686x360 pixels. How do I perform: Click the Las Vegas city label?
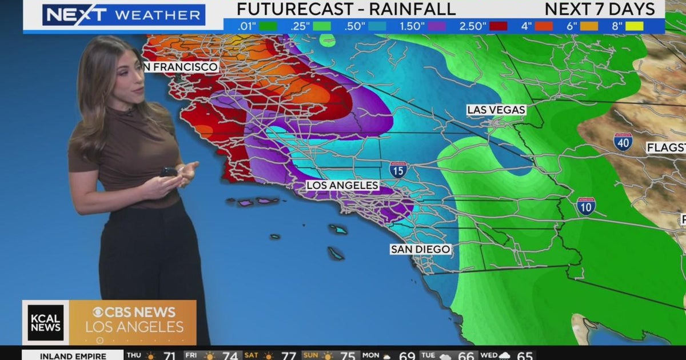click(496, 109)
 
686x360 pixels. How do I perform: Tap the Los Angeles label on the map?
click(342, 185)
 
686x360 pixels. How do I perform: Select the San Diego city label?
click(420, 249)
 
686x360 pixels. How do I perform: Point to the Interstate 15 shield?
click(398, 169)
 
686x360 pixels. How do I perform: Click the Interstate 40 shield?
click(623, 141)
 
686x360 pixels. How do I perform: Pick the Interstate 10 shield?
click(585, 206)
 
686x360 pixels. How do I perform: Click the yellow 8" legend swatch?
click(635, 26)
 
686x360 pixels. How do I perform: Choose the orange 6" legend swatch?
click(589, 26)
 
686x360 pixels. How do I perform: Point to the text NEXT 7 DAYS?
click(600, 9)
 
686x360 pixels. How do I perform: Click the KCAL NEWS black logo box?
click(46, 322)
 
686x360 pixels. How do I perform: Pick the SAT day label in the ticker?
click(252, 355)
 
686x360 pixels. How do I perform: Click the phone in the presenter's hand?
click(168, 171)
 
